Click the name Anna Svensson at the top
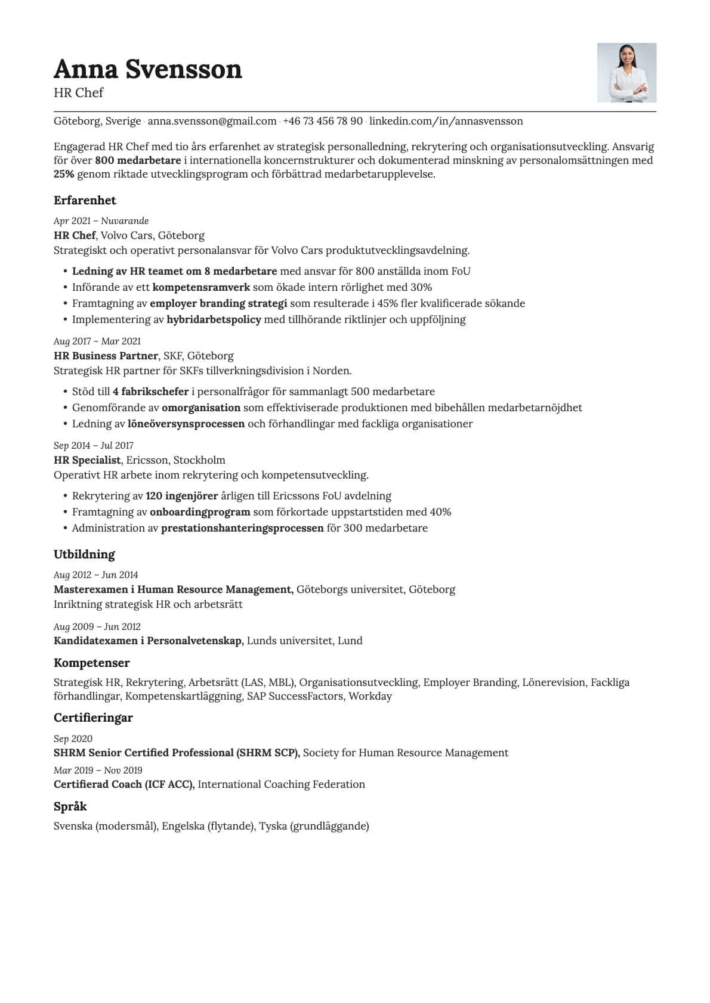(x=147, y=70)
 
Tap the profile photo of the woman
(x=626, y=73)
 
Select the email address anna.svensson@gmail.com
(x=212, y=122)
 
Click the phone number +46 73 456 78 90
(x=323, y=122)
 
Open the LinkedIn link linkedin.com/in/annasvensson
(x=446, y=122)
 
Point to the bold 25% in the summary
(x=63, y=175)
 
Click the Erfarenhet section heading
(x=85, y=200)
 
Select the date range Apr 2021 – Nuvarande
(x=101, y=221)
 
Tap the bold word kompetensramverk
(x=201, y=287)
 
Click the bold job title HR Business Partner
(x=106, y=356)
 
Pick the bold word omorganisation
(x=201, y=408)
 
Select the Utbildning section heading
(x=84, y=554)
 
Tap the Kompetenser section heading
(x=91, y=663)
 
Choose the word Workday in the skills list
(x=370, y=696)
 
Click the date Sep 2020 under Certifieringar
(x=73, y=739)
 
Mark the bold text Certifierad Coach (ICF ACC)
(x=124, y=784)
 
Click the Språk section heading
(x=70, y=806)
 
